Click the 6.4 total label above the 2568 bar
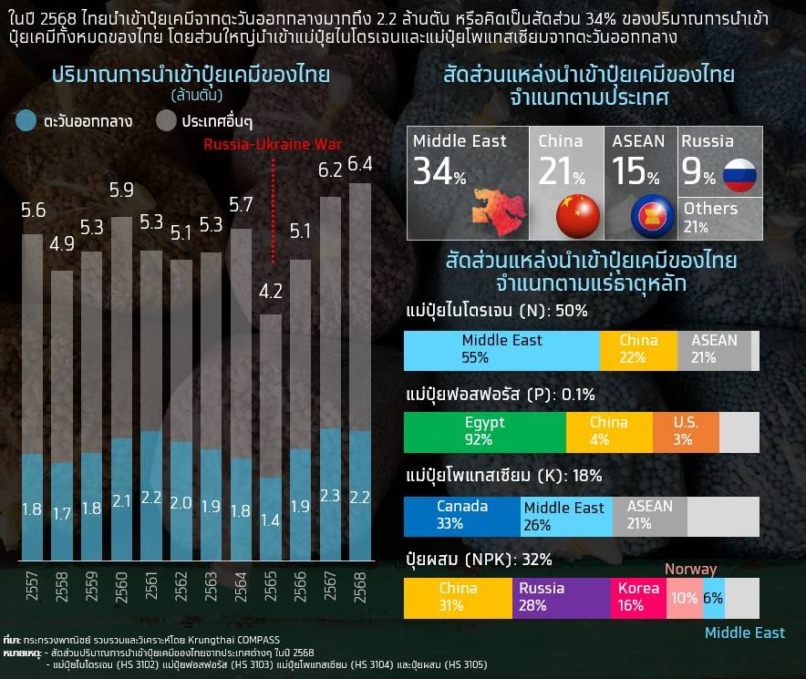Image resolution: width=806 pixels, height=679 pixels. pos(360,164)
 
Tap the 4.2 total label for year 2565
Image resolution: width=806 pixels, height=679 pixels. pos(272,293)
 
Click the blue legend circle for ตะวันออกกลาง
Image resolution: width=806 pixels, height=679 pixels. pos(27,120)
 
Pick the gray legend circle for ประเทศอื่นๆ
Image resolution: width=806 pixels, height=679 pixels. pos(166,120)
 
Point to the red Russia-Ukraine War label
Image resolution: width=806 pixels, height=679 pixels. pos(273,144)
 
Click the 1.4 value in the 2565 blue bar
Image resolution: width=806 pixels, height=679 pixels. pos(272,521)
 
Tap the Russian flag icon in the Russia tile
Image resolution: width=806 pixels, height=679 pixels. pos(739,174)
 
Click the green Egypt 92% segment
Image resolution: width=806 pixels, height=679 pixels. pos(484,431)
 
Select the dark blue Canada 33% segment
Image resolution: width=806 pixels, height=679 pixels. pos(462,515)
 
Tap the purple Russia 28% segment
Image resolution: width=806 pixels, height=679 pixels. pos(561,597)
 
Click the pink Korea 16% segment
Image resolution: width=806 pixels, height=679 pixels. pos(638,597)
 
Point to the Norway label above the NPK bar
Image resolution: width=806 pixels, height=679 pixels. pos(690,569)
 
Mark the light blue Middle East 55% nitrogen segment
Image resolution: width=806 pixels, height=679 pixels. pos(501,349)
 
